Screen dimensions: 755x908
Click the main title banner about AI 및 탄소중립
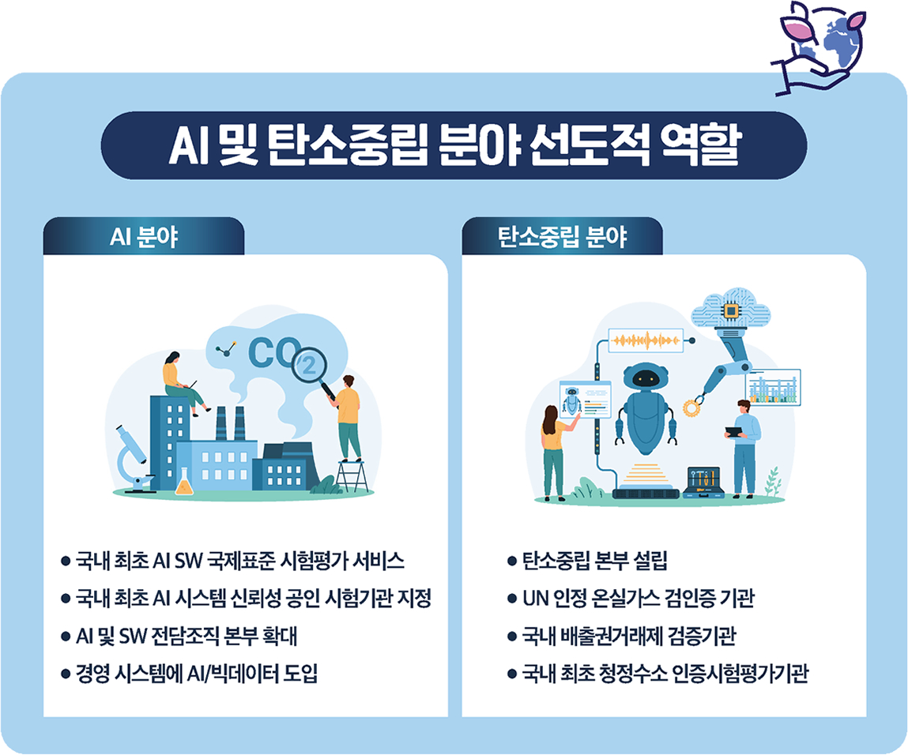pyautogui.click(x=454, y=146)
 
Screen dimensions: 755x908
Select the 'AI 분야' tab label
pyautogui.click(x=143, y=237)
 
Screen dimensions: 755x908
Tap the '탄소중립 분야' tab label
pyautogui.click(x=562, y=237)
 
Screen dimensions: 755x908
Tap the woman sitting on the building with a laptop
pyautogui.click(x=182, y=383)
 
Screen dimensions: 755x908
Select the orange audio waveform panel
pyautogui.click(x=646, y=340)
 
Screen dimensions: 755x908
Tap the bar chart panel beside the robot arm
pyautogui.click(x=772, y=387)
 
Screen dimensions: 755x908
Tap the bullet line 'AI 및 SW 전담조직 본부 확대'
pyautogui.click(x=186, y=637)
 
